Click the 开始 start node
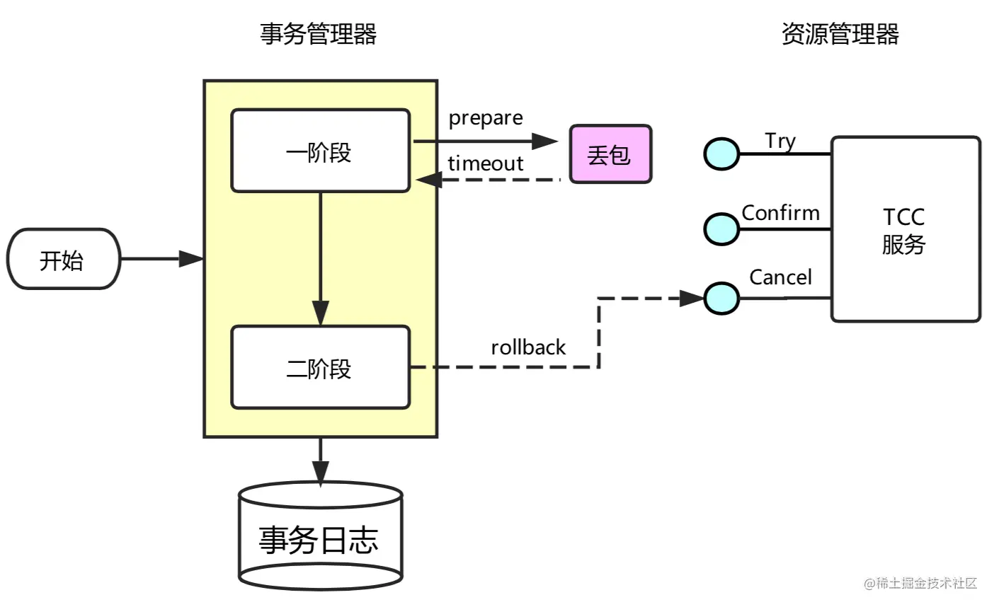[x=64, y=259]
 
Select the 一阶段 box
[x=321, y=151]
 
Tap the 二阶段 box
[x=321, y=367]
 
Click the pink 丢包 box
[x=610, y=154]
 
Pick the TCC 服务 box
[x=906, y=229]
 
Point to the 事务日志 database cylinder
[x=321, y=536]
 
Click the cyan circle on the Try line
[x=721, y=154]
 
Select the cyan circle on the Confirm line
[x=721, y=229]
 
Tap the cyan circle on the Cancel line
[x=721, y=299]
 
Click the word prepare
[x=486, y=119]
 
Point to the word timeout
[x=486, y=163]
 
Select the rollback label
[x=528, y=347]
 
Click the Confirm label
[x=781, y=213]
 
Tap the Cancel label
[x=781, y=277]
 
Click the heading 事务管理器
[x=318, y=34]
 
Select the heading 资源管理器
[x=840, y=34]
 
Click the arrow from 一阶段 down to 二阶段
[x=321, y=259]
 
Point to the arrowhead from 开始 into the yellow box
[x=191, y=259]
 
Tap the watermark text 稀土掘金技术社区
[x=927, y=583]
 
